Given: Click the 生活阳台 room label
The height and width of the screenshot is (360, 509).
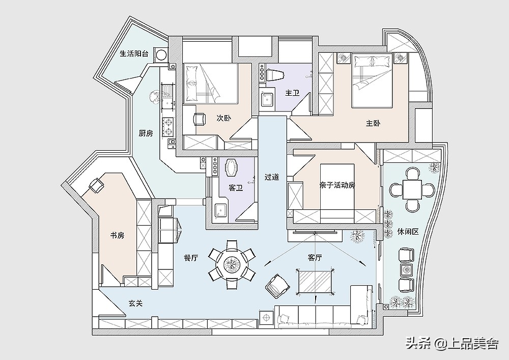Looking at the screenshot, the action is coord(134,53).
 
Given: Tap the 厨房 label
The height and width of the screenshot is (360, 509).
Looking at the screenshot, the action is coord(146,133).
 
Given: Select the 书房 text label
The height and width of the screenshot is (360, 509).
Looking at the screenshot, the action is coord(117,235).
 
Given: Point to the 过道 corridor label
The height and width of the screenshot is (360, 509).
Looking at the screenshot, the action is coord(272,177).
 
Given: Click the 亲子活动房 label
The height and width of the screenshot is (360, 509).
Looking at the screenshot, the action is coord(337,185).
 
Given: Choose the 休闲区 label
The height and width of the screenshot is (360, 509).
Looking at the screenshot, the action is coord(408,232).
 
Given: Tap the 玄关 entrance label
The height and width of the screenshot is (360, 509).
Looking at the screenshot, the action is coord(135,303).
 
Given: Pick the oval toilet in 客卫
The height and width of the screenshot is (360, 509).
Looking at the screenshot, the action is coord(232,168).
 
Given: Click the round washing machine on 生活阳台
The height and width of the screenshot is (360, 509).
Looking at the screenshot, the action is coord(161,55).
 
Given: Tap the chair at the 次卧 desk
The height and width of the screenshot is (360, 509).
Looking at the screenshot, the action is coord(200,119).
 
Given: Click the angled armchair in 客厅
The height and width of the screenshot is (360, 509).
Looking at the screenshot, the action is coord(277,286).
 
